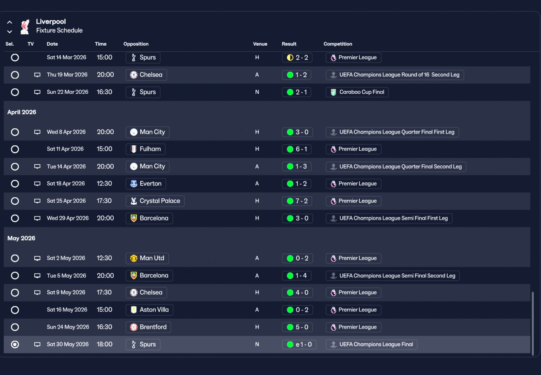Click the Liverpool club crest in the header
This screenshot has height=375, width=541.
pyautogui.click(x=25, y=27)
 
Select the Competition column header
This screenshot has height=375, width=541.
pyautogui.click(x=338, y=44)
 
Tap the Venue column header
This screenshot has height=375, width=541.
pyautogui.click(x=260, y=44)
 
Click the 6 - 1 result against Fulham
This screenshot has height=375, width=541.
pyautogui.click(x=297, y=149)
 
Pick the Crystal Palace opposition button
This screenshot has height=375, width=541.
pyautogui.click(x=155, y=201)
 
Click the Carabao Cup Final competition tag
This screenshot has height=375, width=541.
pyautogui.click(x=357, y=92)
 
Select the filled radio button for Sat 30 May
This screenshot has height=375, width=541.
pyautogui.click(x=15, y=344)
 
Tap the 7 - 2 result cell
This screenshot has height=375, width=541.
pyautogui.click(x=297, y=201)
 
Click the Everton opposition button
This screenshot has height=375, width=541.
pyautogui.click(x=146, y=184)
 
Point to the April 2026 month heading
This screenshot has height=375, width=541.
pyautogui.click(x=22, y=112)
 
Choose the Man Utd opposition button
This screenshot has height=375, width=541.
pyautogui.click(x=147, y=258)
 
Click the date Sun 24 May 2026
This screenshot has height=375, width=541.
pyautogui.click(x=68, y=327)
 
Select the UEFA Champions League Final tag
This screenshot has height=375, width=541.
pyautogui.click(x=372, y=344)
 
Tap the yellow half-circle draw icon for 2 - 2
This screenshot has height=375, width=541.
pyautogui.click(x=290, y=58)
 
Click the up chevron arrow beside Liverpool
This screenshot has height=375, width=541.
pyautogui.click(x=10, y=22)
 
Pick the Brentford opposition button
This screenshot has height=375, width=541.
pyautogui.click(x=148, y=327)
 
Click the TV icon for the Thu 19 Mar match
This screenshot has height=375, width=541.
pyautogui.click(x=37, y=75)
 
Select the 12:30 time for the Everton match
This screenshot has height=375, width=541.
pyautogui.click(x=104, y=184)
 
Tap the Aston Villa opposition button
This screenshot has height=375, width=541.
pyautogui.click(x=149, y=310)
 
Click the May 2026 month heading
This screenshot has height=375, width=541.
pyautogui.click(x=21, y=239)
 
